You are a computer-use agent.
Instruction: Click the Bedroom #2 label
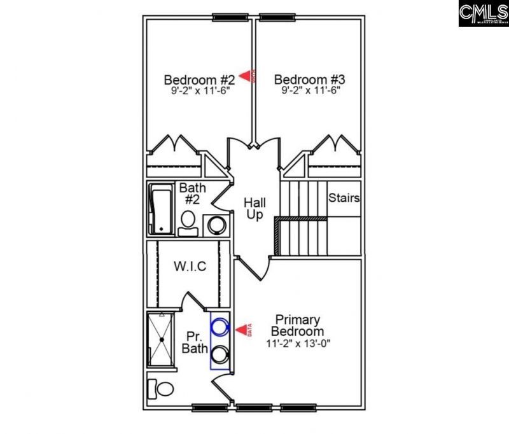pyautogui.click(x=199, y=80)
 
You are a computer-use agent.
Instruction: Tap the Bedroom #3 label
pyautogui.click(x=309, y=80)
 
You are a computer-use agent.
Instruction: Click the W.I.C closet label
pyautogui.click(x=190, y=267)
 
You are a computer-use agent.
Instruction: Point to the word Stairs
pyautogui.click(x=344, y=198)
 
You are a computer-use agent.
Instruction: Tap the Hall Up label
pyautogui.click(x=255, y=209)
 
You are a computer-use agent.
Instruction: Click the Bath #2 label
pyautogui.click(x=192, y=194)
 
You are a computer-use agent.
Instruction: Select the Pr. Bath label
pyautogui.click(x=195, y=342)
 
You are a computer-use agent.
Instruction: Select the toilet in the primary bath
pyautogui.click(x=161, y=388)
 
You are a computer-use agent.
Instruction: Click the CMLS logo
pyautogui.click(x=483, y=13)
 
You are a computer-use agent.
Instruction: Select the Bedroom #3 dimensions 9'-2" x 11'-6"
pyautogui.click(x=309, y=91)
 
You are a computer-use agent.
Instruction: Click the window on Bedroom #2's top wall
pyautogui.click(x=230, y=18)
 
